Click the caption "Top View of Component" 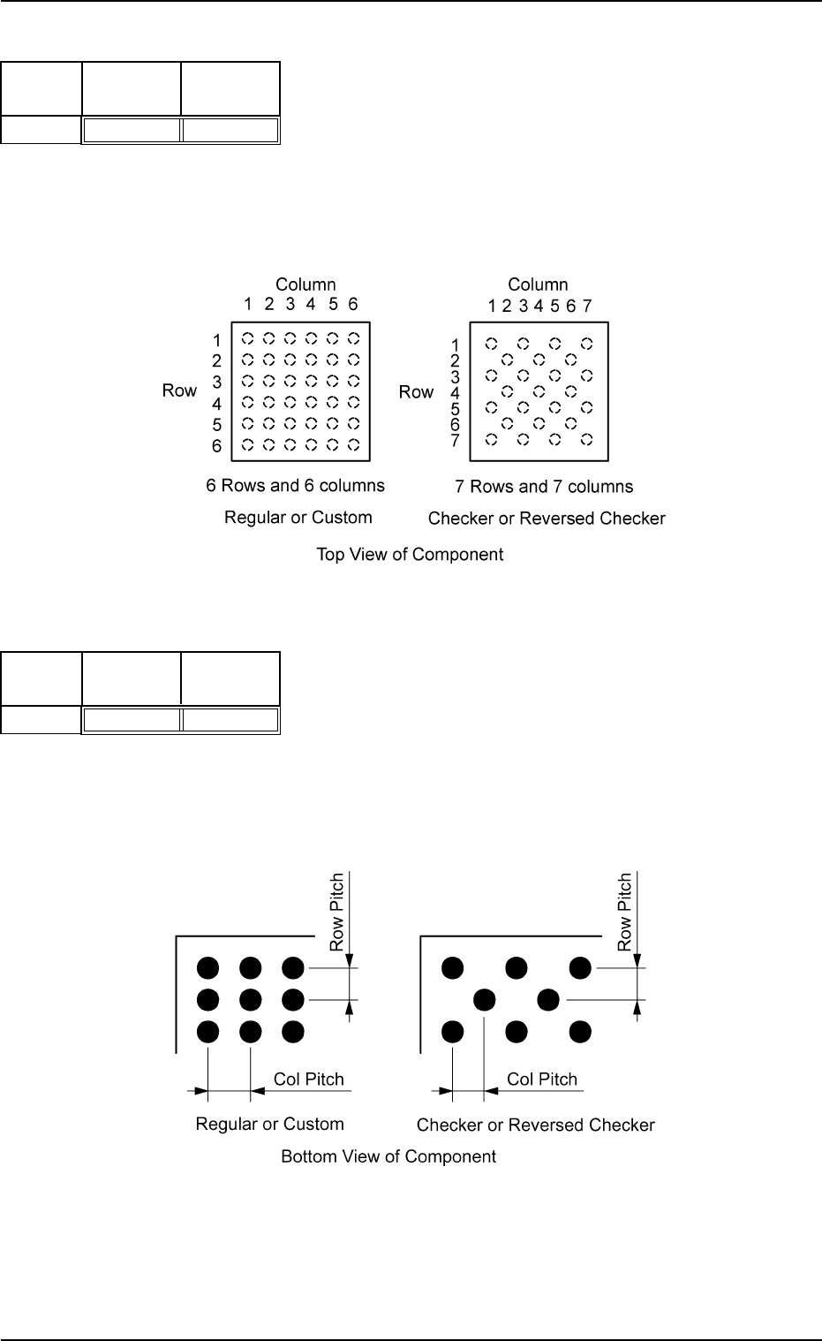[410, 555]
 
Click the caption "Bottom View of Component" [388, 1156]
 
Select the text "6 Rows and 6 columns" [295, 486]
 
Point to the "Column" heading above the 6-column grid [305, 284]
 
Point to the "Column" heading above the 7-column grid [538, 284]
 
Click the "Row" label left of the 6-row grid [179, 390]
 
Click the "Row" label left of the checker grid [416, 391]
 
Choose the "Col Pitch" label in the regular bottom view [309, 1080]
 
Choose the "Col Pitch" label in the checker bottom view [542, 1080]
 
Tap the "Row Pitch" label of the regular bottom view [336, 912]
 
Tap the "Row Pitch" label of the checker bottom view [625, 912]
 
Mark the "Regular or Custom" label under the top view [298, 518]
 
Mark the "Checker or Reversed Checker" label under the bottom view [536, 1125]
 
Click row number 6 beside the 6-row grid [216, 446]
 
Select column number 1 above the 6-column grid [248, 305]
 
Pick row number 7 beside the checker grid [456, 440]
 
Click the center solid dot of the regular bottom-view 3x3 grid [251, 1000]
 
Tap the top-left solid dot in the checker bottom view [453, 968]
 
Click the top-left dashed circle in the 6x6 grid [248, 338]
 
